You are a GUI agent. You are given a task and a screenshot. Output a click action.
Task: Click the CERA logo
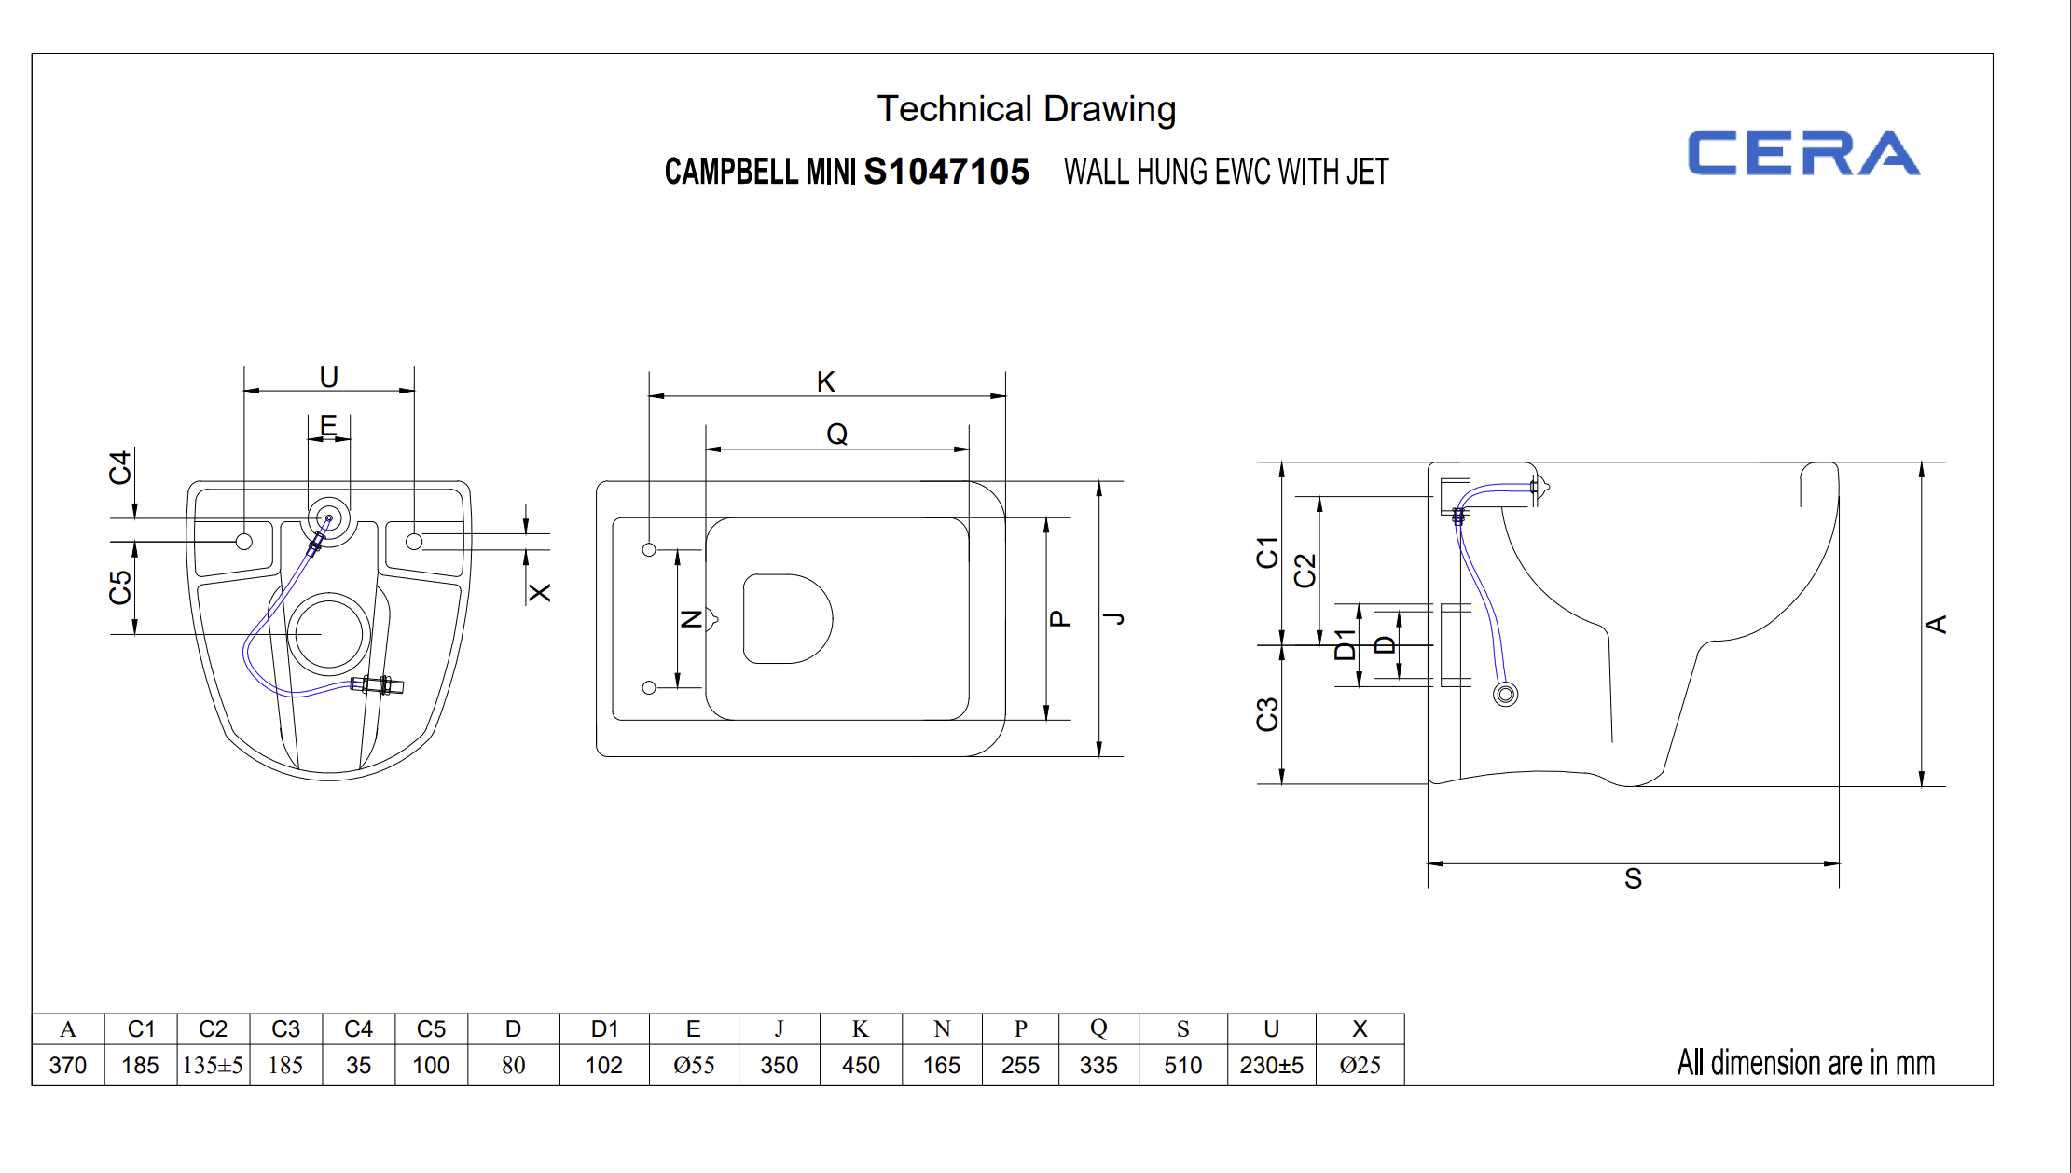coord(1803,154)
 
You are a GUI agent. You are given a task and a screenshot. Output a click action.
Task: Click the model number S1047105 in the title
coord(946,172)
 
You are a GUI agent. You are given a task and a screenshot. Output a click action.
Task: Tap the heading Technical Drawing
coord(1026,109)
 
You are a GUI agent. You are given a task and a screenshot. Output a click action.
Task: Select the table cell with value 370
coord(68,1065)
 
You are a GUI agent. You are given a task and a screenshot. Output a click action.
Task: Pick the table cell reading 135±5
coord(213,1065)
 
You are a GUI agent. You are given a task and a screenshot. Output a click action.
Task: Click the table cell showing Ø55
coord(694,1065)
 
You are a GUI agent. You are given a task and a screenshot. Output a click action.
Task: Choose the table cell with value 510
coord(1182,1065)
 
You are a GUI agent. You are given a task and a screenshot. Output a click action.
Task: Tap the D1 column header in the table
coord(604,1029)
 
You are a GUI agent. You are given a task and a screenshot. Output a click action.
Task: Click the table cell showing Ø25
coord(1360,1065)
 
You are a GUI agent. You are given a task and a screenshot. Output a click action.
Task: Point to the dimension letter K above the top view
coord(826,381)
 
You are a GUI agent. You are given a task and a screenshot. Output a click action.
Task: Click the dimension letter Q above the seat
coord(836,434)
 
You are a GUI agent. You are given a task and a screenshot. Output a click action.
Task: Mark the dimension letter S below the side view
coord(1633,878)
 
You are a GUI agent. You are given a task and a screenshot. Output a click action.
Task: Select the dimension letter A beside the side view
coord(1937,624)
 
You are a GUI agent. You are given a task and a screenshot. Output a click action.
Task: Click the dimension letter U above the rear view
coord(328,377)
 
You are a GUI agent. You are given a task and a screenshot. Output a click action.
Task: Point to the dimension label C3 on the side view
coord(1267,714)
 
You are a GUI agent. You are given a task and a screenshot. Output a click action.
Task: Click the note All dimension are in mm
coord(1805,1063)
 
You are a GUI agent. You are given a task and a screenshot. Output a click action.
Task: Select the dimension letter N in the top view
coord(692,618)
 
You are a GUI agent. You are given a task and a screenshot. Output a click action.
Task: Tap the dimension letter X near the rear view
coord(540,592)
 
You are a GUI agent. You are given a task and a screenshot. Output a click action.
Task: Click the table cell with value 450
coord(861,1065)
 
